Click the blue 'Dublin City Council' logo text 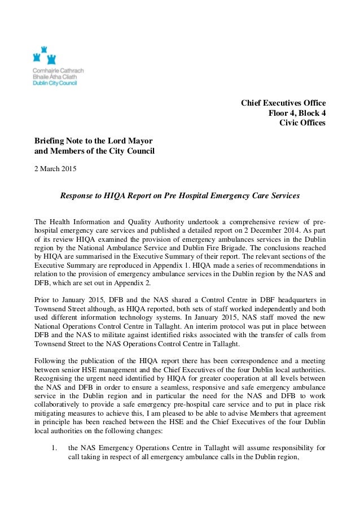[x=57, y=82]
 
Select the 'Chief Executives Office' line [x=283, y=103]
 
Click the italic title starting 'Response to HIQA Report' [x=179, y=196]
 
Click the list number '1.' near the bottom [x=55, y=450]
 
